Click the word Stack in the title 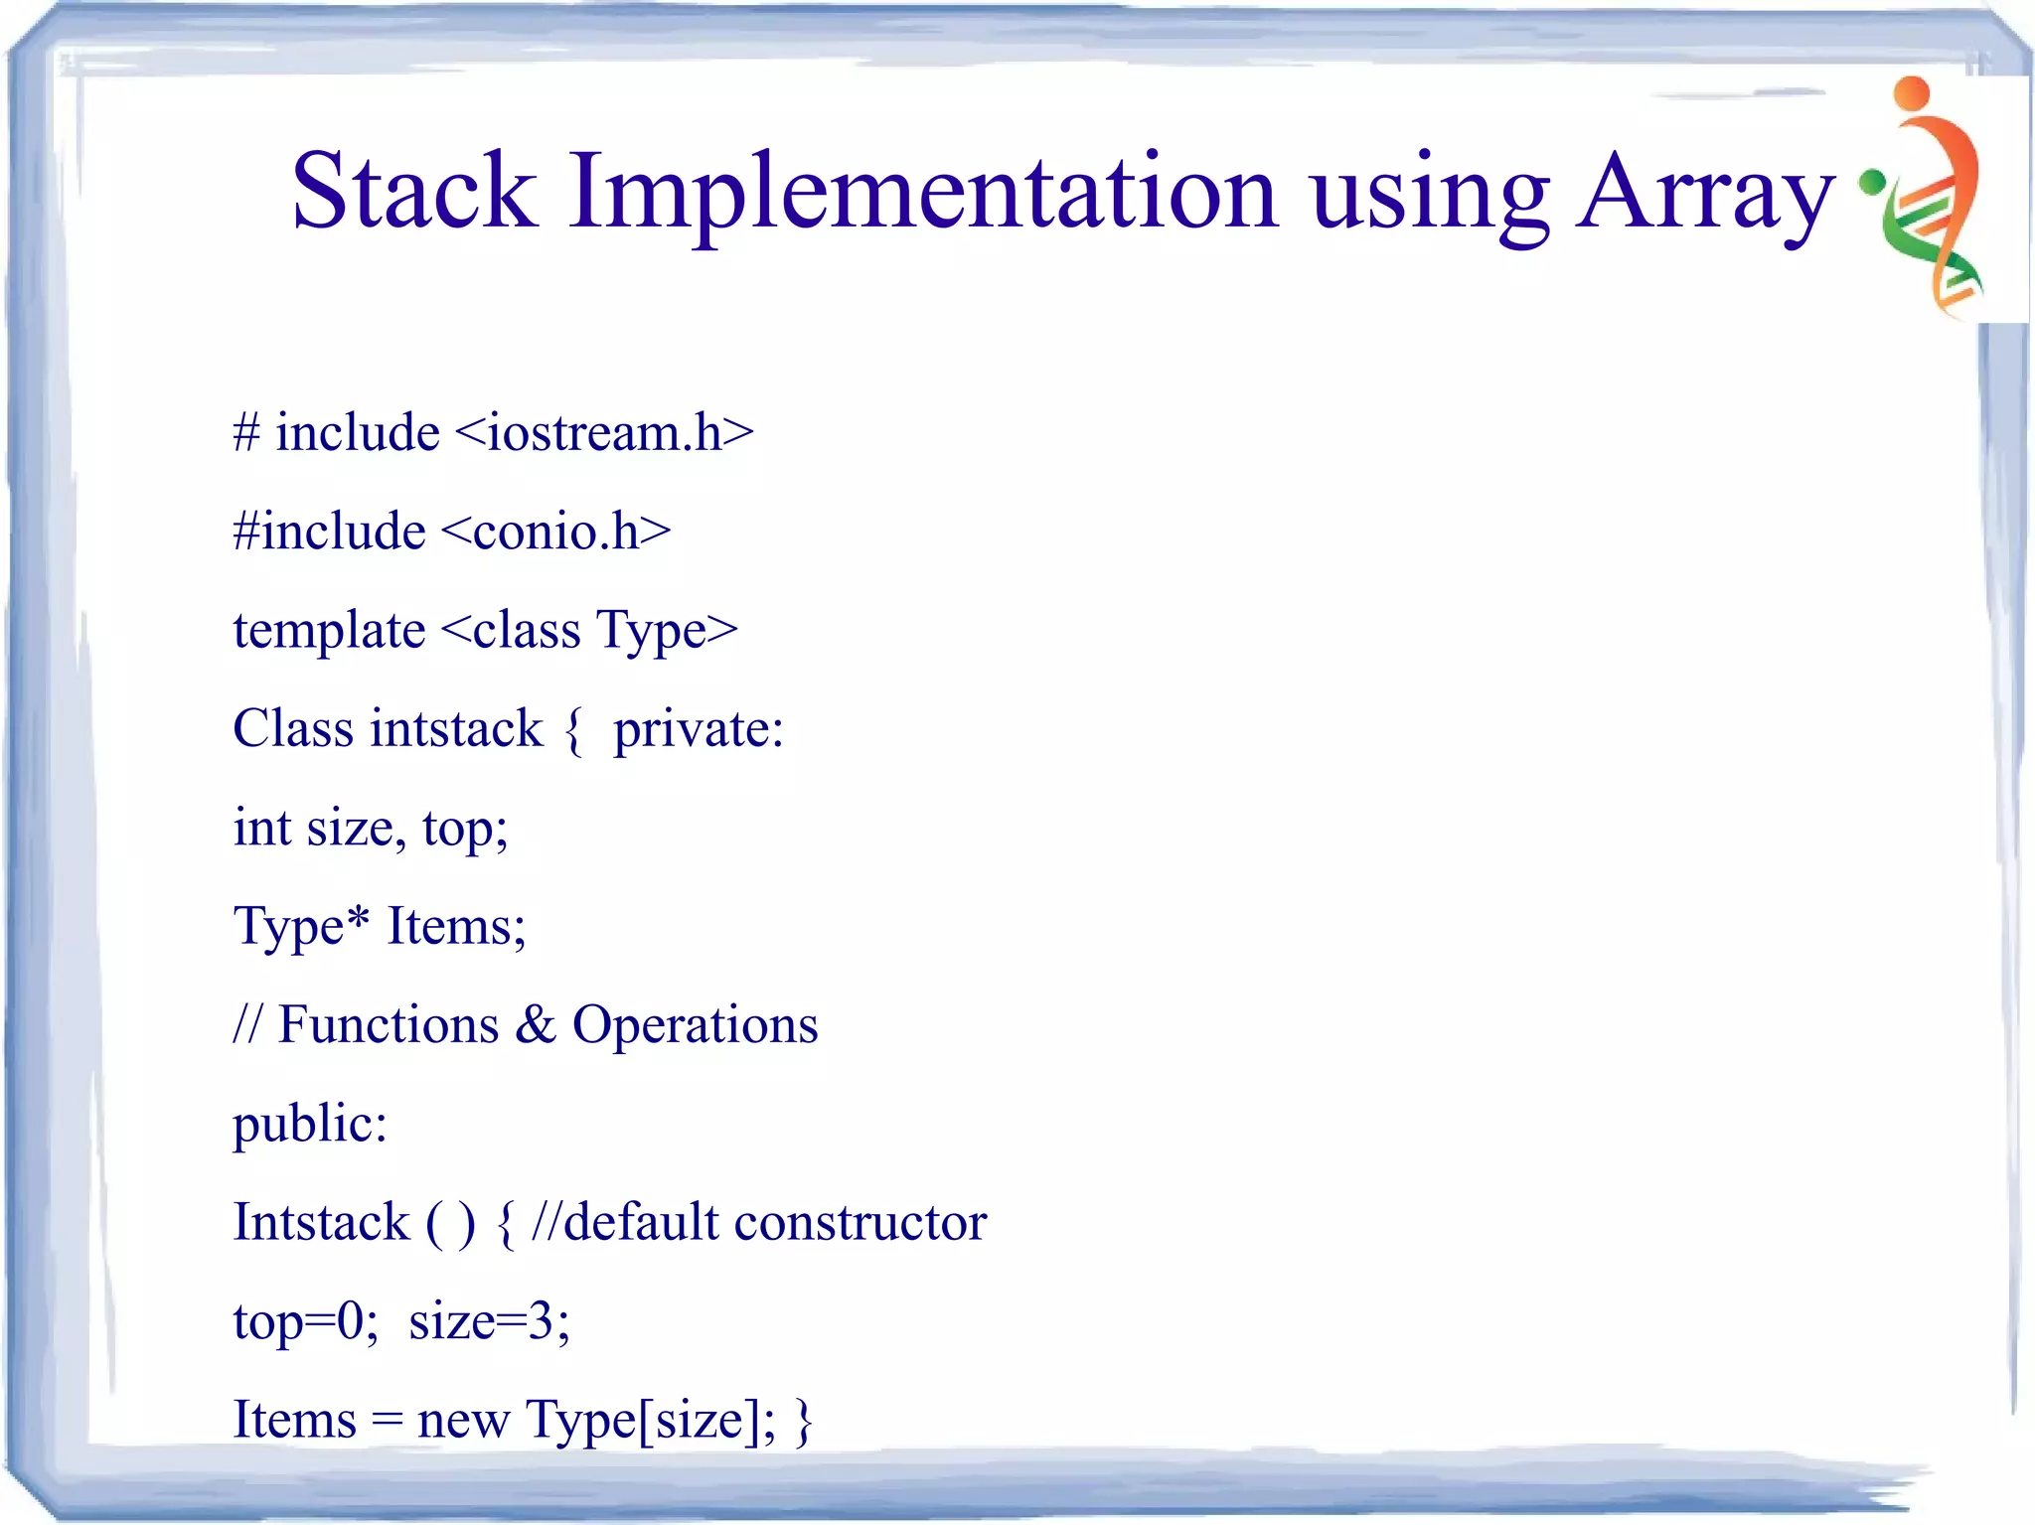[x=413, y=191]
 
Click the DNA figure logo [x=1928, y=199]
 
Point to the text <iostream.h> [x=604, y=433]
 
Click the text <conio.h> [x=555, y=532]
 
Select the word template [x=329, y=632]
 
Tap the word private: [x=699, y=730]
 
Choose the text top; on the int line [x=465, y=829]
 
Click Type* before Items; [x=301, y=927]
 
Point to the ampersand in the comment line [x=536, y=1024]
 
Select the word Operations [x=695, y=1026]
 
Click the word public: [x=309, y=1126]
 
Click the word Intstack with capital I [x=321, y=1222]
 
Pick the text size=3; [x=489, y=1321]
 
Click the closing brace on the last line [x=804, y=1421]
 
